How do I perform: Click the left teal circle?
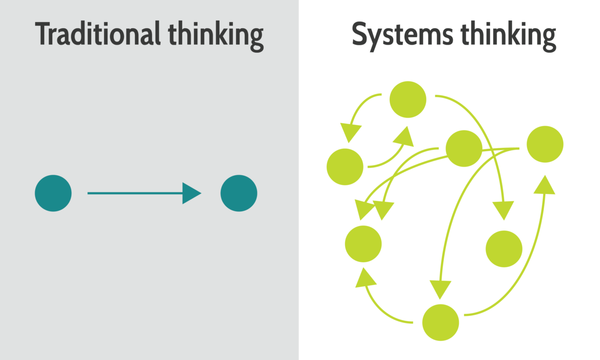pos(53,193)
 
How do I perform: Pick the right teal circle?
pos(239,193)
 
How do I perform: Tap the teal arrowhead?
pos(190,193)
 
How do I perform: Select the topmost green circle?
pos(408,99)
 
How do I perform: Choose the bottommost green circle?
pos(441,322)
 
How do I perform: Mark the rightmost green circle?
pos(545,144)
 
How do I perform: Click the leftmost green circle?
pos(345,167)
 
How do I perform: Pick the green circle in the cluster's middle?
pos(464,149)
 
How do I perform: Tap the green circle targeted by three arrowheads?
pos(363,244)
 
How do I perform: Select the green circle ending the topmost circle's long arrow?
pos(504,249)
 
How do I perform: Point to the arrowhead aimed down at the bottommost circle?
pos(440,289)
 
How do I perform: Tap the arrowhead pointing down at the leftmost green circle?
pos(351,133)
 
